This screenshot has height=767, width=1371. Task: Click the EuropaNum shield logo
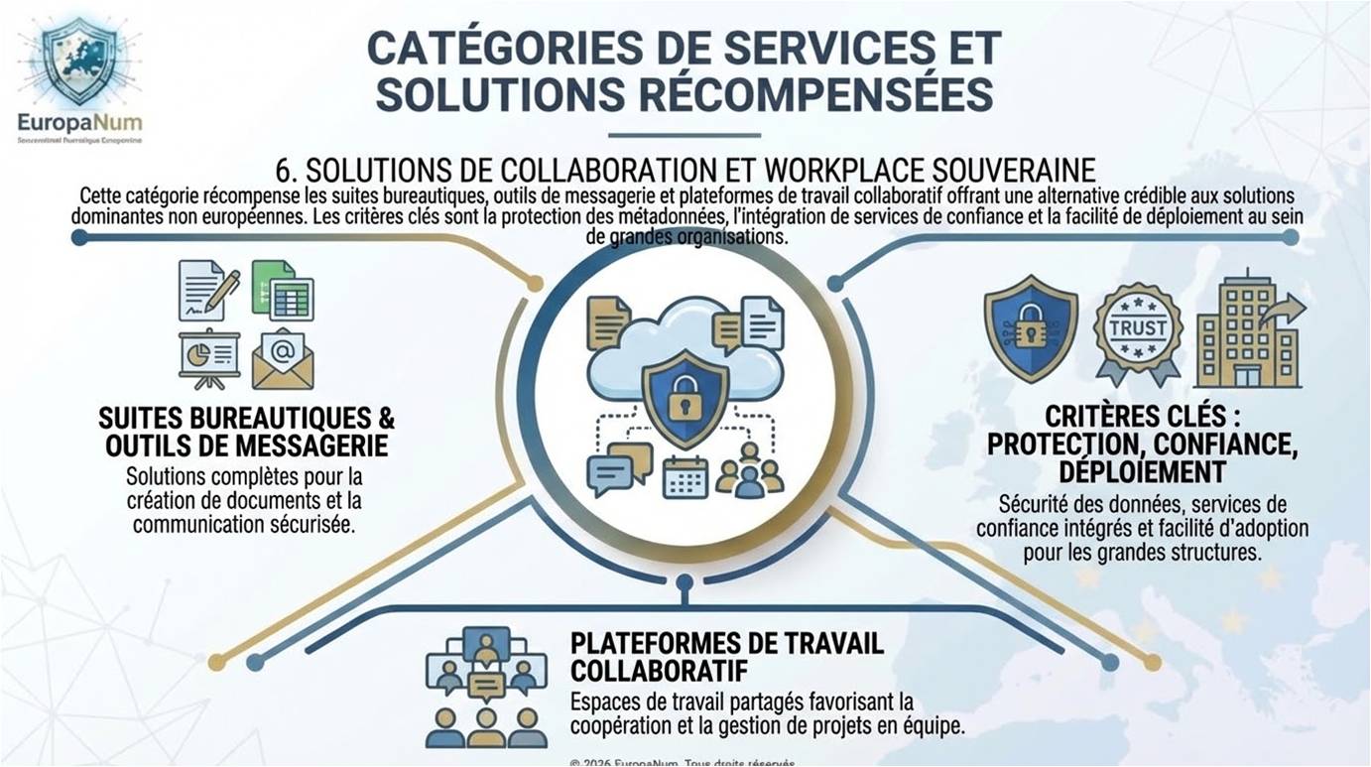[78, 62]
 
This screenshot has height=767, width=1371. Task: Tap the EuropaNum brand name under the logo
[79, 124]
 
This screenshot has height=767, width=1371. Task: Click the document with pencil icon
[208, 290]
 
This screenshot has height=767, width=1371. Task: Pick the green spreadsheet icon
[283, 290]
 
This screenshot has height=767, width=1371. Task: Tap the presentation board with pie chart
[208, 358]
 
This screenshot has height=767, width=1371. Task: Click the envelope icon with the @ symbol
[283, 358]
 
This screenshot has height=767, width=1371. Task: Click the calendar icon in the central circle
[685, 476]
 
